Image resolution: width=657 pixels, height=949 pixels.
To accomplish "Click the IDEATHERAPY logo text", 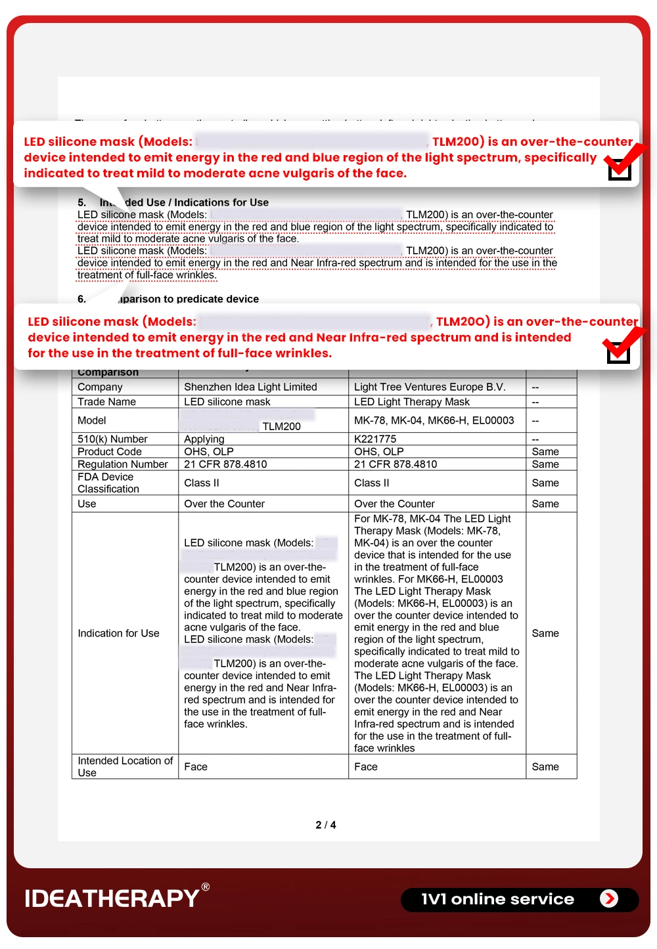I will point(112,898).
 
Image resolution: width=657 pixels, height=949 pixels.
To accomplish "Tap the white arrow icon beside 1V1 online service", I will point(609,898).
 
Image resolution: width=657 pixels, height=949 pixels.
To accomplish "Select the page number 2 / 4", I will point(326,825).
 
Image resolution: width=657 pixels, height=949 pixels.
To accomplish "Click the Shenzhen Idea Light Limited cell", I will point(250,387).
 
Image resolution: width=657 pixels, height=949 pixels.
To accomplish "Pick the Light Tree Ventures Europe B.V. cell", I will point(430,387).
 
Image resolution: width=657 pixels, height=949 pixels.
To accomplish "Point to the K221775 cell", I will point(375,439).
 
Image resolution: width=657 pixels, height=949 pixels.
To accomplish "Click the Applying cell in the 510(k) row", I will point(204,439).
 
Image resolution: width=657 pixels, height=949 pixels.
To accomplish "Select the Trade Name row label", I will point(106,402).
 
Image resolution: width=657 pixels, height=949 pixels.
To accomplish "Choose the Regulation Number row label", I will point(123,464).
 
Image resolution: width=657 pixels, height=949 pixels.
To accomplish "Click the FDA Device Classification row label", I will point(108,483).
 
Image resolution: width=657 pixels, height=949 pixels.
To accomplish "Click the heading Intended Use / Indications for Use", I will point(184,202).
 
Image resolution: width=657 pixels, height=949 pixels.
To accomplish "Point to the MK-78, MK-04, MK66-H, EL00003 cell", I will point(434,420).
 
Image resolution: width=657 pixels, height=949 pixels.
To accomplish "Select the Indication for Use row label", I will point(118,633).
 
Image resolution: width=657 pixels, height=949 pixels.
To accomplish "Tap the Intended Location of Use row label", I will point(125,766).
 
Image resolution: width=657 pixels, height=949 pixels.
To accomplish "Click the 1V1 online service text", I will point(497,899).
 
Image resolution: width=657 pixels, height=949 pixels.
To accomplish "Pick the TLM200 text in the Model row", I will point(281,426).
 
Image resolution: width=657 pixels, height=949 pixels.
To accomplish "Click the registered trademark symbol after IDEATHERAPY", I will point(206,887).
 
